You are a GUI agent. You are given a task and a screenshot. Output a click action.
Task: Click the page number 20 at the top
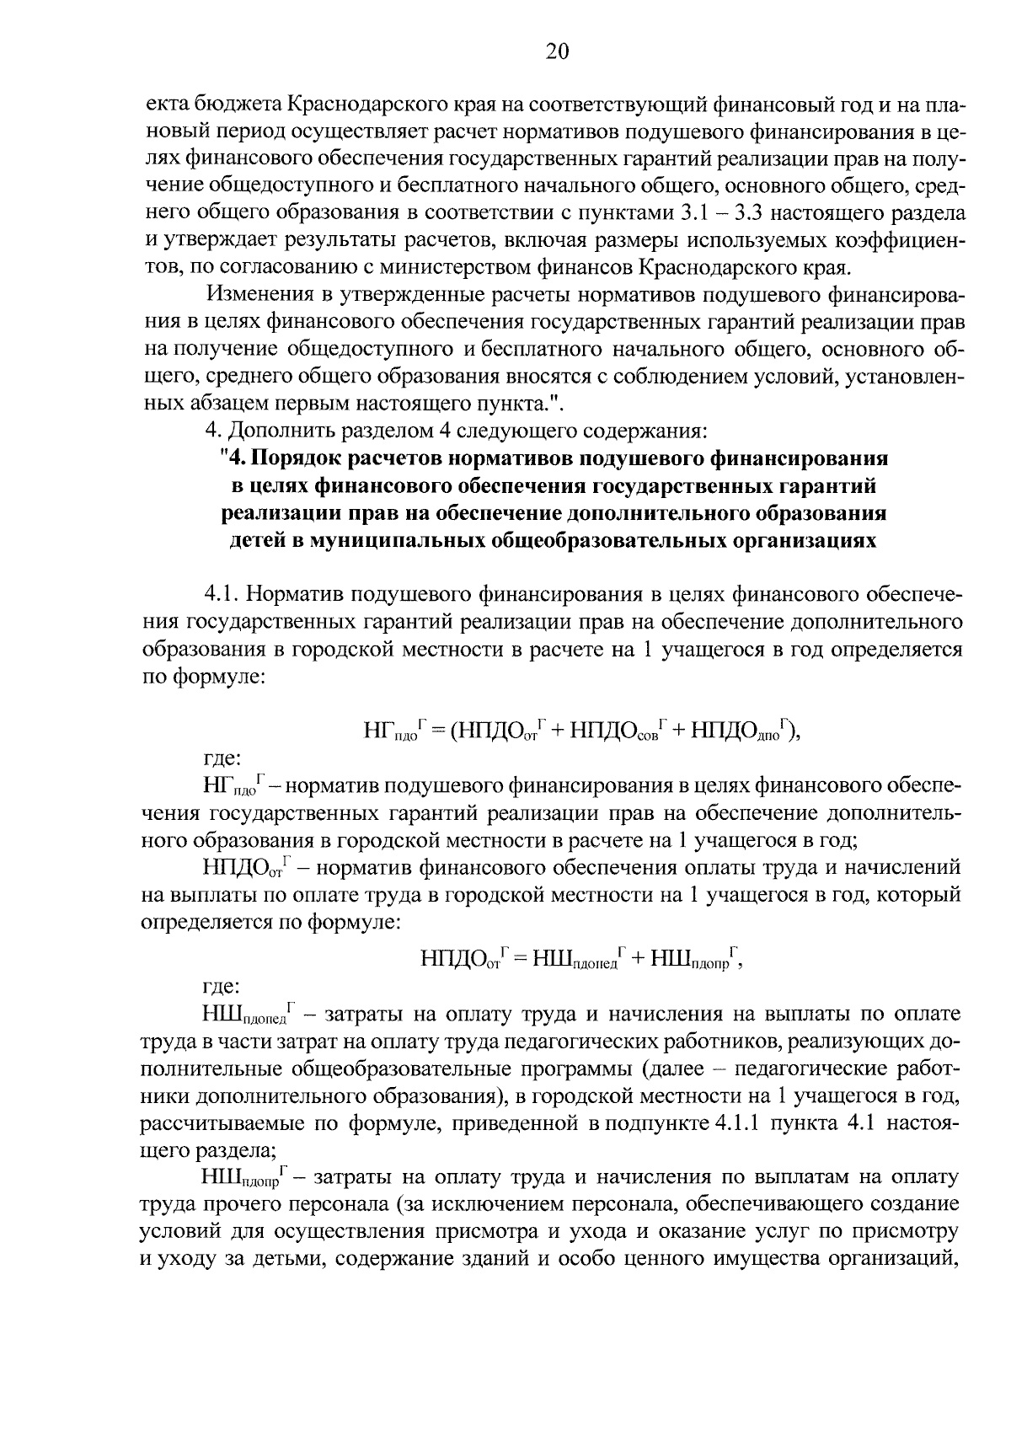click(x=557, y=52)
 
